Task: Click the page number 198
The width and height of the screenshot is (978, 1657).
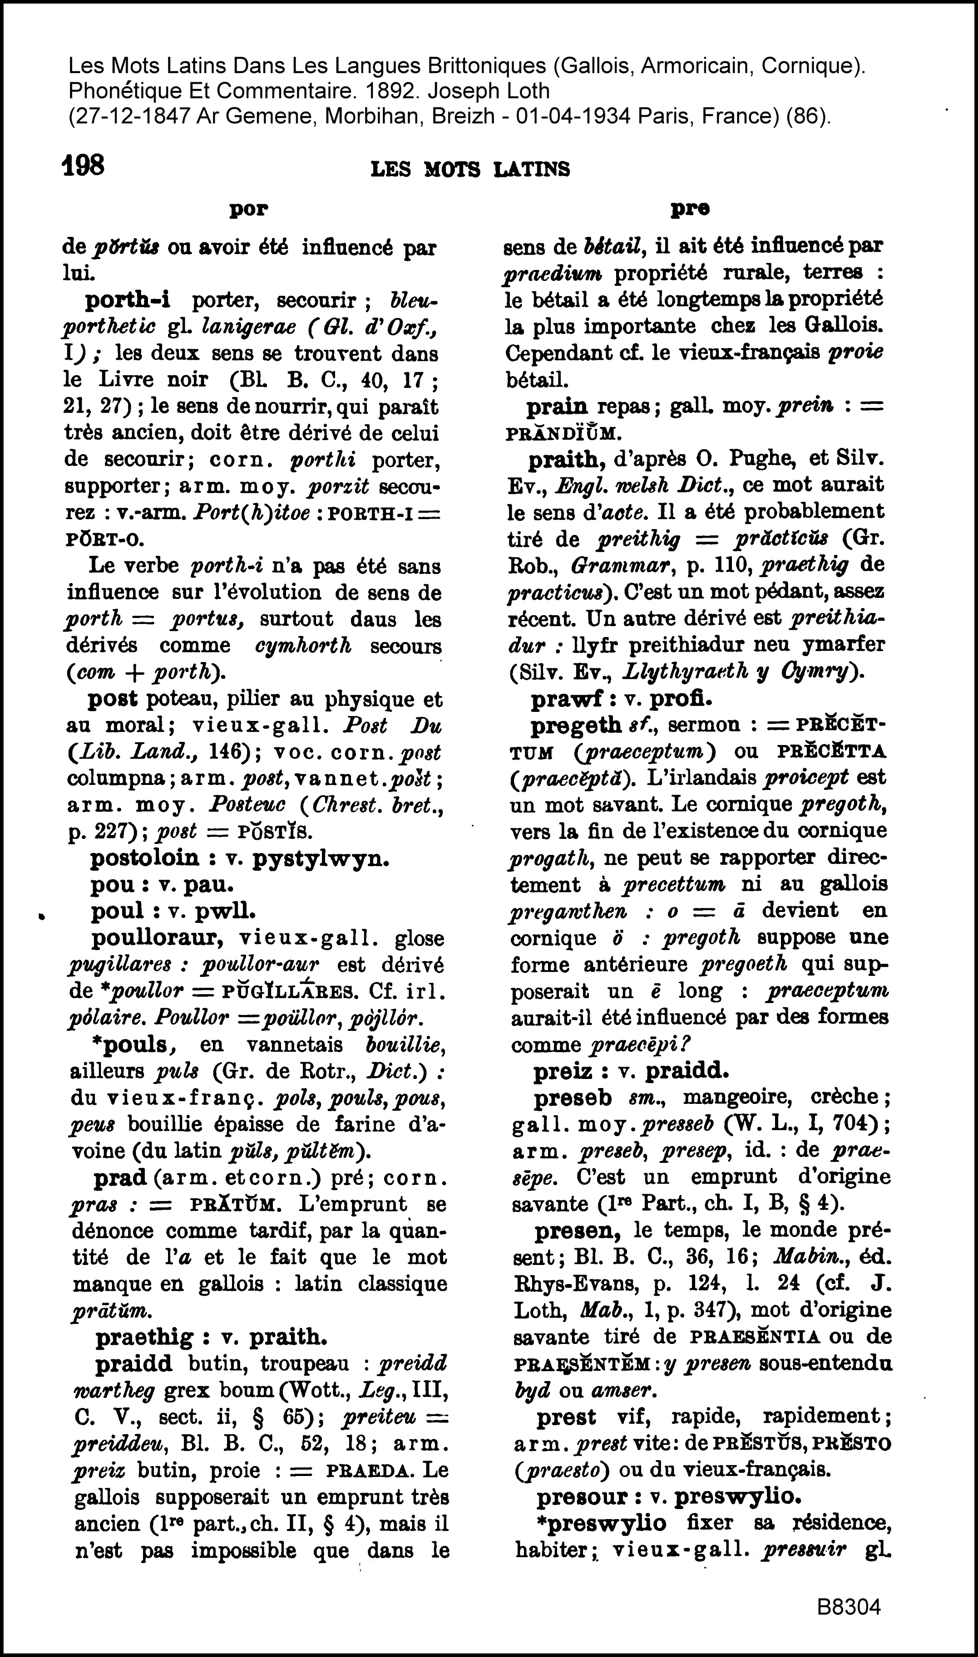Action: [x=83, y=165]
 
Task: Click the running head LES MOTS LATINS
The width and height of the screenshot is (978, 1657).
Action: [x=470, y=169]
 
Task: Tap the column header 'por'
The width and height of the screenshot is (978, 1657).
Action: [x=248, y=210]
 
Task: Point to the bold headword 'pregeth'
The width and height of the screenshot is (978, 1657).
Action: [x=575, y=726]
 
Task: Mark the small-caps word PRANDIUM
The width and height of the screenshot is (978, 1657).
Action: [x=562, y=433]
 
